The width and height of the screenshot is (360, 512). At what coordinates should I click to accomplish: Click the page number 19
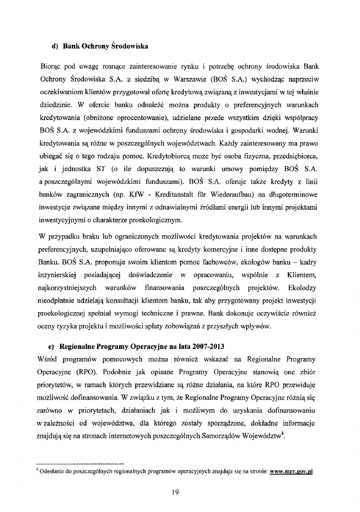pyautogui.click(x=176, y=492)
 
